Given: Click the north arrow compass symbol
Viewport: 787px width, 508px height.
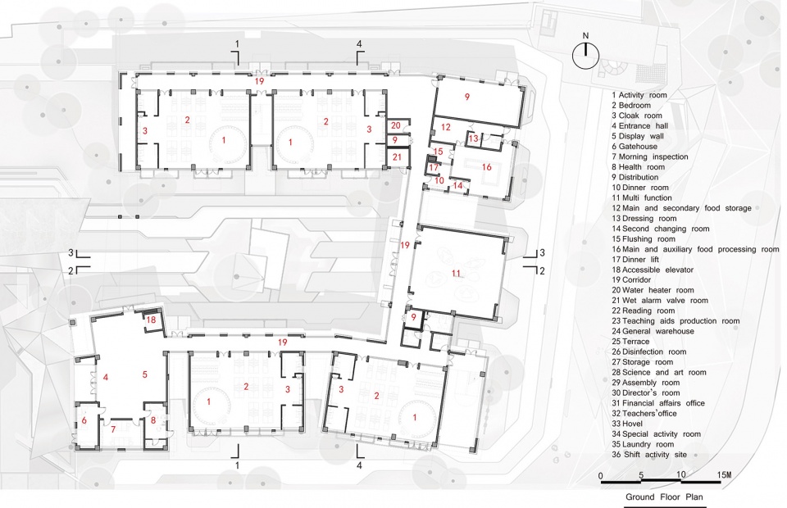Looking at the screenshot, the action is (x=585, y=55).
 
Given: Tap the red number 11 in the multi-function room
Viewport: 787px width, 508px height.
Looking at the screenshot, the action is (x=456, y=274).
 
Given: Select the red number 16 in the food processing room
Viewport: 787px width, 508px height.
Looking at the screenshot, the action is (x=486, y=167).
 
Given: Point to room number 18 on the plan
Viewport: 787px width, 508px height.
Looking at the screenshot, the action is (x=151, y=320).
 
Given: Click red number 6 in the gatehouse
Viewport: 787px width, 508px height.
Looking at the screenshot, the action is (x=84, y=420).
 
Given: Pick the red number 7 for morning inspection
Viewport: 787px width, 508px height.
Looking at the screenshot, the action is (x=113, y=429).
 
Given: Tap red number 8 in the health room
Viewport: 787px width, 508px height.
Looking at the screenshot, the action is (x=153, y=420).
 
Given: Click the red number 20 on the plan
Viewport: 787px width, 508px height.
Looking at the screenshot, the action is (x=395, y=126).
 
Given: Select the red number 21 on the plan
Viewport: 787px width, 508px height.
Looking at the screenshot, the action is (x=397, y=157).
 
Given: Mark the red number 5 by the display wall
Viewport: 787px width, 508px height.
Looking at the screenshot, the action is (x=144, y=374).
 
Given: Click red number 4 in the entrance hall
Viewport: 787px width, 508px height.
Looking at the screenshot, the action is (x=106, y=377).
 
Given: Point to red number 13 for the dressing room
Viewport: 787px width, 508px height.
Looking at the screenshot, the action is (x=473, y=138).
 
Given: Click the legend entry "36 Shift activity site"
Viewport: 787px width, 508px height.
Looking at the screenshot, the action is (x=649, y=455).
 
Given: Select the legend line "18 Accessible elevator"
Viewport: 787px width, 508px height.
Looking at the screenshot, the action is (x=653, y=270).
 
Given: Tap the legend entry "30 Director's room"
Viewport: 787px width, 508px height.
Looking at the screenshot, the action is (x=646, y=392).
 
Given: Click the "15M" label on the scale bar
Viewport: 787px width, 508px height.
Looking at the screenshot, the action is (x=724, y=475).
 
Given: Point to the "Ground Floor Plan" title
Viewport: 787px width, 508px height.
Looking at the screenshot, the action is (x=664, y=497).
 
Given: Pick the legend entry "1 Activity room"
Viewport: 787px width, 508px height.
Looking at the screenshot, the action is (x=639, y=95).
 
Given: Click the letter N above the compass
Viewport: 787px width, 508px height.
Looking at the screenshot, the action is (x=585, y=35).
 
